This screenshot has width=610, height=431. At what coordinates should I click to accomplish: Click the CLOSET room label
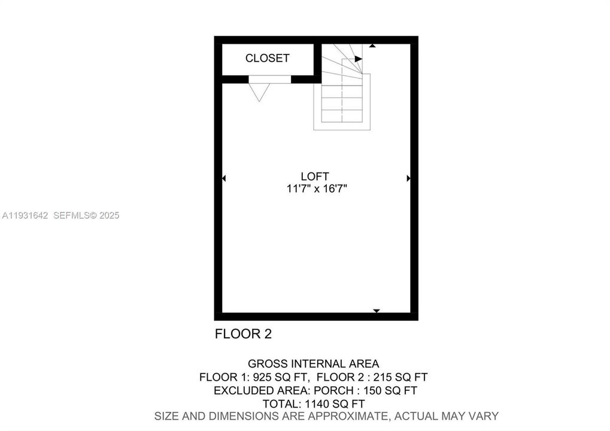267,58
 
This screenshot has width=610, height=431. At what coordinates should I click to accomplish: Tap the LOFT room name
315,176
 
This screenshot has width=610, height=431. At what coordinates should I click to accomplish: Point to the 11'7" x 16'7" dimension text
317,189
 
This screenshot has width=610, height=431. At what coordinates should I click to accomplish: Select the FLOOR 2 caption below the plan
243,334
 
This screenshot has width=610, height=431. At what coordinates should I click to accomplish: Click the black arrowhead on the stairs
359,59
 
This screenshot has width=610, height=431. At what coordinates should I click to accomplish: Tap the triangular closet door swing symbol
259,92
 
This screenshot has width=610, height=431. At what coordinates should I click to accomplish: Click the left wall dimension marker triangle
224,178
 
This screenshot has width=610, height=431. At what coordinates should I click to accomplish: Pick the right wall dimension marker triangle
408,178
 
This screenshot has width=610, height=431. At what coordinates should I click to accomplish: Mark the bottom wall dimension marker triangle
377,311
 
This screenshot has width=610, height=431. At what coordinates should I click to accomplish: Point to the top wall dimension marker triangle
372,45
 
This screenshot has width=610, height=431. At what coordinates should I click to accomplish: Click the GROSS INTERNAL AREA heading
313,363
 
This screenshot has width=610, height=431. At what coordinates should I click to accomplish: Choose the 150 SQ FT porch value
396,390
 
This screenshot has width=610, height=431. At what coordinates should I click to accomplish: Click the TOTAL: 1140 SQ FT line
314,403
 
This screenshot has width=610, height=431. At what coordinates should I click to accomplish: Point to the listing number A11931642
26,215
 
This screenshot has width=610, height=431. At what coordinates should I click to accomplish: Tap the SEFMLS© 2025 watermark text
86,215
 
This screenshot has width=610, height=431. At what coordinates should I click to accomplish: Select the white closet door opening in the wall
269,79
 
